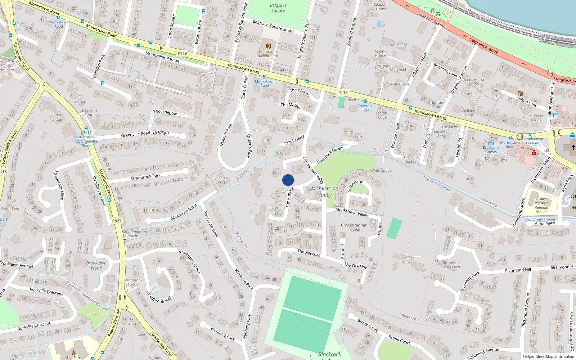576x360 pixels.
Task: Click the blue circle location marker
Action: (x=288, y=180)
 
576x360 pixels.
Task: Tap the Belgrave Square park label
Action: (x=278, y=8)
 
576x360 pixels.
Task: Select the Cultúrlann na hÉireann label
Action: (x=268, y=54)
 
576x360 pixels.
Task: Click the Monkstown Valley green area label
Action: (x=325, y=192)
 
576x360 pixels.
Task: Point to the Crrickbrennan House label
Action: (x=354, y=228)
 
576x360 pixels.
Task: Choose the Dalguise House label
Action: (x=407, y=260)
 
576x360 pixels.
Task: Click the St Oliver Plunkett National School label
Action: (x=541, y=205)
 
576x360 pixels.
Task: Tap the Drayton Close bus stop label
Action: (x=365, y=108)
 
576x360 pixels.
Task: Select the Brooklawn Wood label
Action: (x=96, y=265)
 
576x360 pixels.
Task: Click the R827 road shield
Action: (x=117, y=221)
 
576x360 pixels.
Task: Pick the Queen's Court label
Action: (x=220, y=180)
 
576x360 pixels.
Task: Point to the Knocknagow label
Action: (x=165, y=112)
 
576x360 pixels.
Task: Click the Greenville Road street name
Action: (x=135, y=134)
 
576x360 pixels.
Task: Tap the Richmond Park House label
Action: (x=451, y=265)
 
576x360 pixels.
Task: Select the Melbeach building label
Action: (x=399, y=45)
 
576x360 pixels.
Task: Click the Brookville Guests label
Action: (x=491, y=149)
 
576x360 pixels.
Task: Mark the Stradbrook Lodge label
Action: (x=133, y=282)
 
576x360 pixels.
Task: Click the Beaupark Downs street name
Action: (x=330, y=155)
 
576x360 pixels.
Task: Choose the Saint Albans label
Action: (x=399, y=84)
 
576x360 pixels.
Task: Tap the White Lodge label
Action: (x=381, y=170)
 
